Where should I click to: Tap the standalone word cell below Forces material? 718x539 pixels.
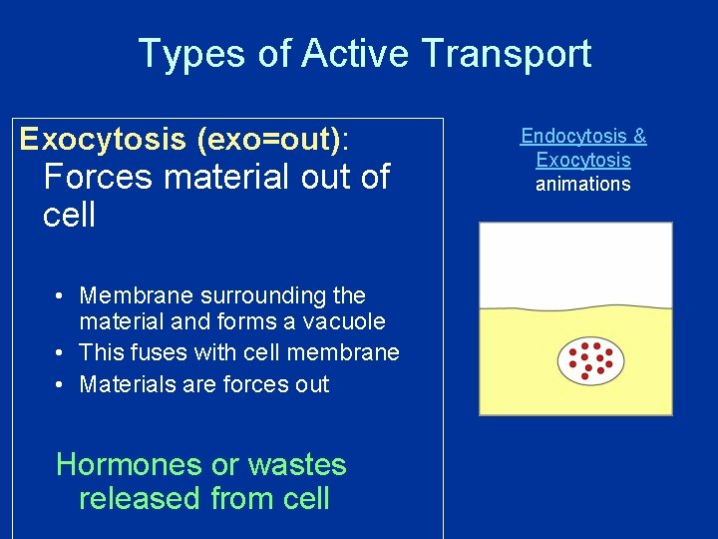69,215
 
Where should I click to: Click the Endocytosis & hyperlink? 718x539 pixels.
583,136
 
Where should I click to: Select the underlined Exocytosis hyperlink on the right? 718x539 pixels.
583,160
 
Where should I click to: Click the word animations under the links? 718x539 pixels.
583,184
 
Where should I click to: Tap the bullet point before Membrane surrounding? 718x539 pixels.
61,296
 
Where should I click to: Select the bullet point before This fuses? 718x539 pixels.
61,353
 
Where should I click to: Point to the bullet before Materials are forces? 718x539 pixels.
61,385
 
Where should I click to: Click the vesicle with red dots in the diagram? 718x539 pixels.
591,362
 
